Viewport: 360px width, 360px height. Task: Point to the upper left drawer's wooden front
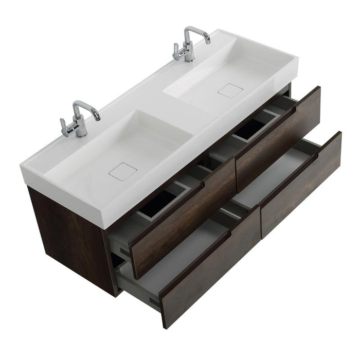183,221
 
